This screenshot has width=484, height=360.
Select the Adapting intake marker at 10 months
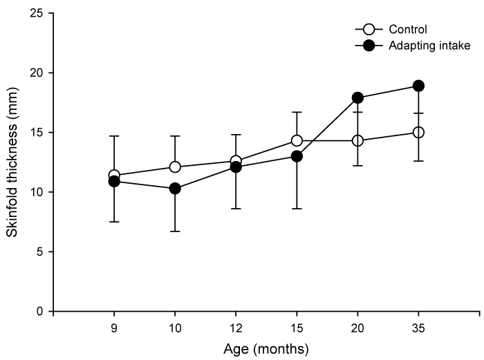[175, 188]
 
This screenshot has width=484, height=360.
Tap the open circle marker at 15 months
[297, 140]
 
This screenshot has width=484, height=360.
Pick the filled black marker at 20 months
[357, 97]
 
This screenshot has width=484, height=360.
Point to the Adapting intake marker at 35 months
[418, 86]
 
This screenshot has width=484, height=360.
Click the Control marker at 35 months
[418, 132]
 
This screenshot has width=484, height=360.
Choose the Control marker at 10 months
[175, 167]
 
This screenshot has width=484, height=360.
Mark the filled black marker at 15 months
[297, 156]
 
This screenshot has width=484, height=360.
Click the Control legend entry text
[407, 30]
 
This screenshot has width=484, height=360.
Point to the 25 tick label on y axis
[37, 13]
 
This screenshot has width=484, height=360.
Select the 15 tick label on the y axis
[37, 132]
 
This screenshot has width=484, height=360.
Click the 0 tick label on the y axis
[40, 311]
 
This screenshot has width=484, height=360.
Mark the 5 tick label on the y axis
[40, 252]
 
